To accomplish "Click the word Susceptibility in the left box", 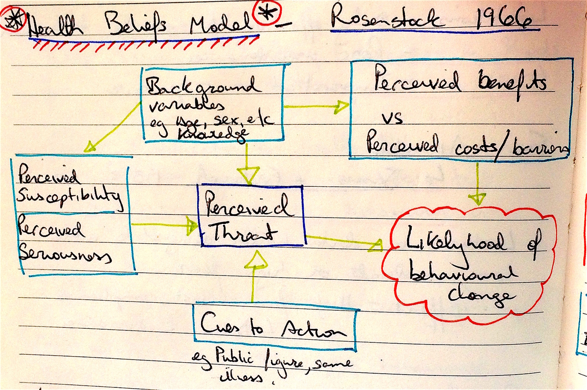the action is [x=69, y=198].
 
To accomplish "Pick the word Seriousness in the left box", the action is [x=64, y=254].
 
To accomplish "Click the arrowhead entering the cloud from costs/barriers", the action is [x=477, y=199].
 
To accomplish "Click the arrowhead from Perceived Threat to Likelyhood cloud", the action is [x=375, y=245].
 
